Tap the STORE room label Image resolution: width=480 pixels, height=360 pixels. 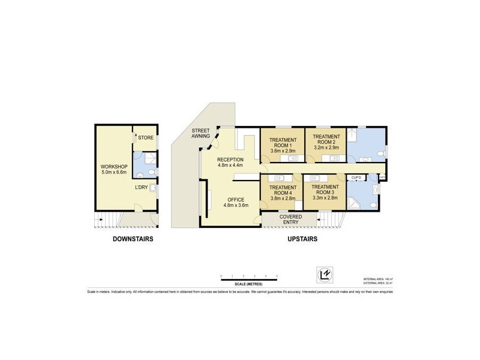[146, 138]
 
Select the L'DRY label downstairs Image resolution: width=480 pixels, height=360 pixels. [143, 187]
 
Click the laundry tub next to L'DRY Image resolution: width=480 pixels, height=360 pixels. [153, 188]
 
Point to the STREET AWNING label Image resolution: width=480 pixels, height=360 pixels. [200, 134]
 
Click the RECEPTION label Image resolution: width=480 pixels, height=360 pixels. [230, 160]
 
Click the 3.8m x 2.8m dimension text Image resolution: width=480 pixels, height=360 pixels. [280, 197]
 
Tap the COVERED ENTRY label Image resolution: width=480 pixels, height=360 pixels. [290, 220]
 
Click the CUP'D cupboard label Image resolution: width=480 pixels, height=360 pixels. [356, 178]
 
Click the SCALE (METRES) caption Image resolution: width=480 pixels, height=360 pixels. [249, 284]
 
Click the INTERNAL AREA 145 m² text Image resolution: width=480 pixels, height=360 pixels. [378, 279]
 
